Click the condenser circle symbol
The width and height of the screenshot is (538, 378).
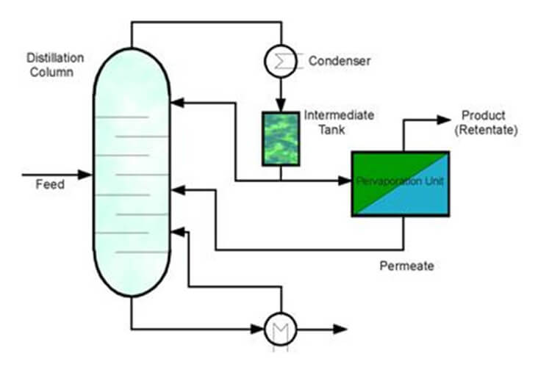tap(280, 60)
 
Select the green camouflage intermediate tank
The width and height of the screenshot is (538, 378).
tap(281, 138)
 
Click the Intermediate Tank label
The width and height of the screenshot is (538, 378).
tap(339, 123)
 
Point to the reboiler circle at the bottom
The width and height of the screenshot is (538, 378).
tap(279, 329)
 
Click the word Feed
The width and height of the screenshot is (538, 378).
tap(50, 184)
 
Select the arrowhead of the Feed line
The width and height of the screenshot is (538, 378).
tap(86, 175)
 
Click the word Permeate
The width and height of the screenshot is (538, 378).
tap(406, 266)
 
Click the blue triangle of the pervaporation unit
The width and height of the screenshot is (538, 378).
tap(423, 198)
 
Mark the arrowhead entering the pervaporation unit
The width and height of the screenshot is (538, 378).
tap(345, 181)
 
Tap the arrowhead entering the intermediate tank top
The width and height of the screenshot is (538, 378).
tap(280, 106)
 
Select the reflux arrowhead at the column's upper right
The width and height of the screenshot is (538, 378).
tap(176, 103)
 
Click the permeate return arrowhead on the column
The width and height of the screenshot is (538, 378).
tap(176, 191)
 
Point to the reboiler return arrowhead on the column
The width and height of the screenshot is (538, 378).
tap(176, 233)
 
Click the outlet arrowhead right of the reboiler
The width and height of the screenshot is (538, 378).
tap(342, 330)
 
